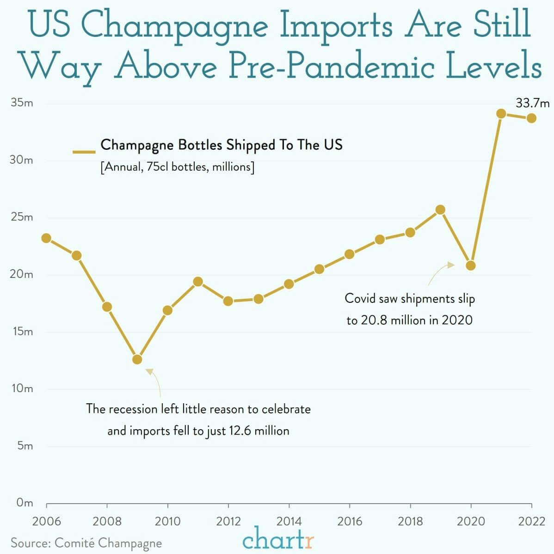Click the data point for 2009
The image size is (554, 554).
coord(137,359)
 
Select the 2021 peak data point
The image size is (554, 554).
coord(501,113)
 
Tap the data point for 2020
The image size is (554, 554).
coord(471,265)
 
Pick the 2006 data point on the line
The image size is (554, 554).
coord(46,238)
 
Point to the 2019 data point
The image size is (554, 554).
coord(440,209)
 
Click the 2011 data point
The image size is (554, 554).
coord(198,282)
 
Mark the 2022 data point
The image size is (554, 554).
coord(531,118)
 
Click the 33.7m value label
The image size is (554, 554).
coord(532,103)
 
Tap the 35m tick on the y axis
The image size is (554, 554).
coord(22,103)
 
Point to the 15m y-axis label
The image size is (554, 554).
coord(22,332)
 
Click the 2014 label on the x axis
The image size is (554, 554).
coord(289,522)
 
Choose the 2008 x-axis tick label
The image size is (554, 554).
coord(107,522)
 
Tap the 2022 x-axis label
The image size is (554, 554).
coord(531,522)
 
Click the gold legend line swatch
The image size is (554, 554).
coord(84,151)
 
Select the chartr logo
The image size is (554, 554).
coord(278,540)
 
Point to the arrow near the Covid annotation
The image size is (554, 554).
coord(441,273)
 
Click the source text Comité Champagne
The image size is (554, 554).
coord(108,543)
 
